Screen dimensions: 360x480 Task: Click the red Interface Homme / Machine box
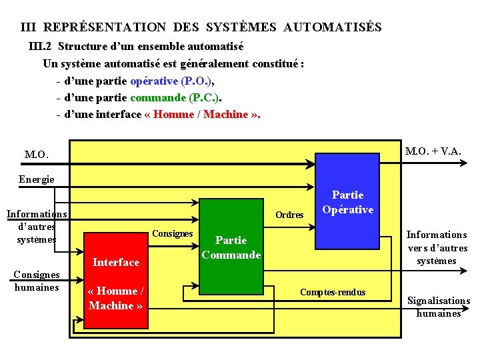click(x=115, y=280)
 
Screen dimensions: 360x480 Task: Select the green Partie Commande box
click(x=231, y=247)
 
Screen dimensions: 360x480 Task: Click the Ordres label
click(x=289, y=215)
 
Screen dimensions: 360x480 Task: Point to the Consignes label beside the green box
click(x=172, y=233)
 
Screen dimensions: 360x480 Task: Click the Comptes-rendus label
click(x=333, y=292)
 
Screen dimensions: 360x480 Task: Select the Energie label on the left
click(x=37, y=179)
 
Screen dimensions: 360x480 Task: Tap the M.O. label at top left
click(x=37, y=155)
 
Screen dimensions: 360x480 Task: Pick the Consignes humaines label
click(x=37, y=281)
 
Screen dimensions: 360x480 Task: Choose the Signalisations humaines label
click(x=439, y=307)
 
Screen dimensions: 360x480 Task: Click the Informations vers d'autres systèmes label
click(x=437, y=247)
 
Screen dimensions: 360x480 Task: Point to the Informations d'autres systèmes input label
click(x=37, y=226)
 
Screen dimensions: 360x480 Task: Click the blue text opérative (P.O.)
click(x=172, y=81)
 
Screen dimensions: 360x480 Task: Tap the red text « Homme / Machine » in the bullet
click(x=202, y=114)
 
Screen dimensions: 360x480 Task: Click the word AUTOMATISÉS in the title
click(x=332, y=27)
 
